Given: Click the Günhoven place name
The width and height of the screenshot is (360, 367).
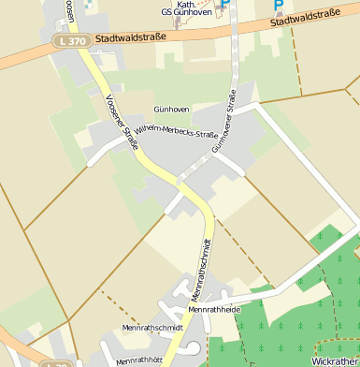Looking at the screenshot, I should [x=171, y=110].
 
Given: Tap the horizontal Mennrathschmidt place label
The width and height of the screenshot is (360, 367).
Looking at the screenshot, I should [x=151, y=328].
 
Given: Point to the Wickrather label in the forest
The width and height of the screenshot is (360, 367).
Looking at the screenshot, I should [x=335, y=360].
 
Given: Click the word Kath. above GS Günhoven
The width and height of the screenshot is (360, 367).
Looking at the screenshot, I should [x=194, y=3].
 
